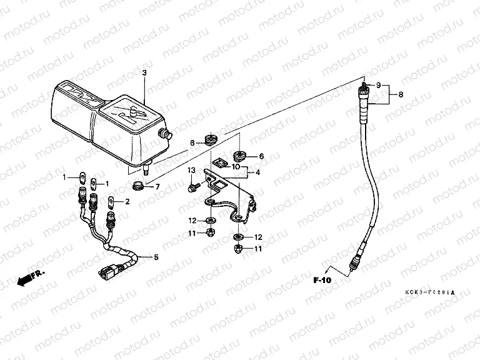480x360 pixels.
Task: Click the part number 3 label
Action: click(144, 73)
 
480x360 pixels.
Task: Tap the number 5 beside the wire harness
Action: click(156, 257)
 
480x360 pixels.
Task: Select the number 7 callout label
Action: click(157, 186)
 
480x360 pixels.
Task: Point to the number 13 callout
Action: click(192, 170)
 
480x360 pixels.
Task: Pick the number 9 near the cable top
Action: click(378, 85)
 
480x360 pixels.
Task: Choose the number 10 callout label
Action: click(236, 166)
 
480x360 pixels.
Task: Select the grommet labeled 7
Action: click(137, 186)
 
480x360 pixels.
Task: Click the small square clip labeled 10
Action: click(218, 164)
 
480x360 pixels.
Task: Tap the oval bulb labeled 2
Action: click(110, 202)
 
